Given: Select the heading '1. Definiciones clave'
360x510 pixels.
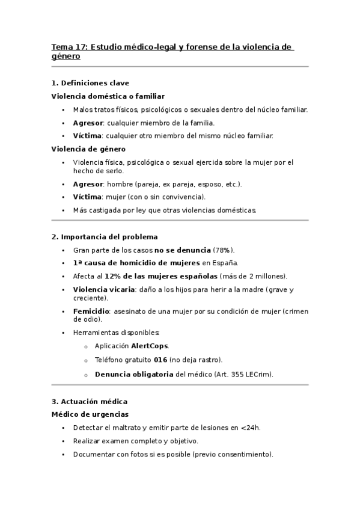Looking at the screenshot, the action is [90, 83].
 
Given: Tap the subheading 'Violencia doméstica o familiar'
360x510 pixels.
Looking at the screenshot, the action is [108, 96].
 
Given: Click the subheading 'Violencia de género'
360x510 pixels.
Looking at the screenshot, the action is [88, 149].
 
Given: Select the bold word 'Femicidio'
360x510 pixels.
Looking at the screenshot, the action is [91, 312].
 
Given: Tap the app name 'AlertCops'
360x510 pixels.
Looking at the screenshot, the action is [150, 346].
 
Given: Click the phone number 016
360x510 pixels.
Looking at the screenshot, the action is [160, 360].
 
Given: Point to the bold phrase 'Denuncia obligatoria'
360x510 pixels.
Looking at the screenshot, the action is [134, 374].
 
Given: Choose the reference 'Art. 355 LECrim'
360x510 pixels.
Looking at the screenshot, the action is [243, 374].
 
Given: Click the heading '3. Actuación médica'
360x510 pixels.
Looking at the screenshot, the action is [90, 401].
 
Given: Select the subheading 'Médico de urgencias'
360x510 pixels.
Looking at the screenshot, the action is [90, 414].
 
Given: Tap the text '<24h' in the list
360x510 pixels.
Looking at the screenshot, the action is [249, 428].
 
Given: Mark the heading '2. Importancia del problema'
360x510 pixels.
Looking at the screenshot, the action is [105, 237].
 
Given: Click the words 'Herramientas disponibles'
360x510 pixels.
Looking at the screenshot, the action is [116, 333].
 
